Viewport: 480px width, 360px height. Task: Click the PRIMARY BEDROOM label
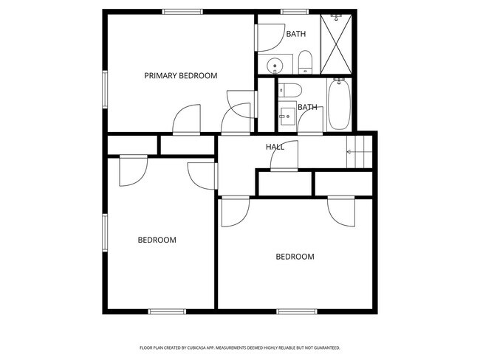[180, 75]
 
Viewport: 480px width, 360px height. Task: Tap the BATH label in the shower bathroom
[296, 34]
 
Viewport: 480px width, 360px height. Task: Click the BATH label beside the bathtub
[307, 107]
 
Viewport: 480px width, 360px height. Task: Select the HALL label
[275, 147]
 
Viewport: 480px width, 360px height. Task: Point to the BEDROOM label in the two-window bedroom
[157, 240]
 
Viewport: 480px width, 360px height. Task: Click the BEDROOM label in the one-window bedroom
[295, 257]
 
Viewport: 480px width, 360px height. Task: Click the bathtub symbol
[338, 105]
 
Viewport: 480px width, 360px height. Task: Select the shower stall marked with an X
[336, 44]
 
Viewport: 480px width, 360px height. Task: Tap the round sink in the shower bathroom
[274, 65]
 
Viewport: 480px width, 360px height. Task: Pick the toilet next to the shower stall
[305, 62]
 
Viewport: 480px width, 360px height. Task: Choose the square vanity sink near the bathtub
[286, 116]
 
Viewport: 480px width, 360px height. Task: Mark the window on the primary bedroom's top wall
[183, 11]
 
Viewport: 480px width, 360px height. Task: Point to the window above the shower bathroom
[295, 11]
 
